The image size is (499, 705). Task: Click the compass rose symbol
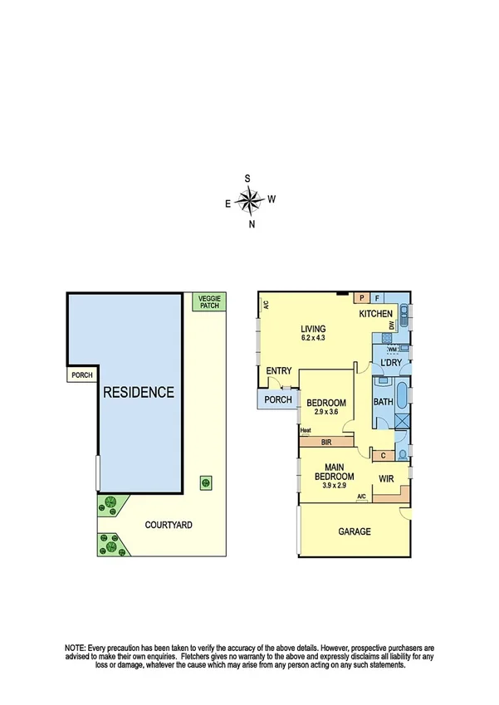pyautogui.click(x=249, y=199)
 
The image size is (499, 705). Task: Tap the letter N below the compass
pyautogui.click(x=252, y=223)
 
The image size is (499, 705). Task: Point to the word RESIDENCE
pyautogui.click(x=139, y=392)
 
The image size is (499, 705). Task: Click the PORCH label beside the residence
pyautogui.click(x=82, y=375)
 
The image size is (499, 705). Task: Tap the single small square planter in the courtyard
pyautogui.click(x=203, y=482)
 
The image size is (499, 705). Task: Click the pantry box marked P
pyautogui.click(x=362, y=297)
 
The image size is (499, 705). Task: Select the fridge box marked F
pyautogui.click(x=378, y=297)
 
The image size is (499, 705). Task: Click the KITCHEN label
pyautogui.click(x=375, y=315)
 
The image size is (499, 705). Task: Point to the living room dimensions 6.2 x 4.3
pyautogui.click(x=312, y=339)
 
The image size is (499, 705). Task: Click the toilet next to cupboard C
pyautogui.click(x=402, y=454)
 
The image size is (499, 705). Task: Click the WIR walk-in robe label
pyautogui.click(x=386, y=479)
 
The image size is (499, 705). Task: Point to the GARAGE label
pyautogui.click(x=354, y=531)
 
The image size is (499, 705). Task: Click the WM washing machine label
pyautogui.click(x=391, y=350)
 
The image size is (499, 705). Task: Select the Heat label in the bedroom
pyautogui.click(x=305, y=430)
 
